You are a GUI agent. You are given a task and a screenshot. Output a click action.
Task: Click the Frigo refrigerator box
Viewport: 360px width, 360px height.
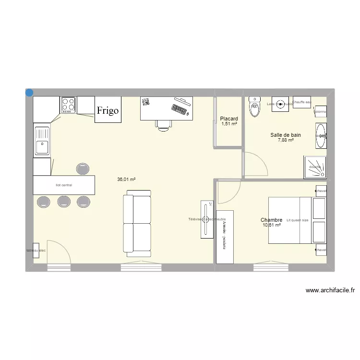point(108,110)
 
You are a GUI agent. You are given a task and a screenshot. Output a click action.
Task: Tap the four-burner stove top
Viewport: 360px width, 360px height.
point(68,105)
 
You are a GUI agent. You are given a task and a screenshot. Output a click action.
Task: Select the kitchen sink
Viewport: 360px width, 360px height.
point(42,140)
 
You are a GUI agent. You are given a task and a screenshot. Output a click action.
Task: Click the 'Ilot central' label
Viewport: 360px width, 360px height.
point(63,185)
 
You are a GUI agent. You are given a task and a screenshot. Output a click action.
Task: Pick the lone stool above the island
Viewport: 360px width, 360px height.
point(83,168)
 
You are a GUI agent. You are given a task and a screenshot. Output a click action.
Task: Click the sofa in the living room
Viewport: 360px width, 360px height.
point(138,221)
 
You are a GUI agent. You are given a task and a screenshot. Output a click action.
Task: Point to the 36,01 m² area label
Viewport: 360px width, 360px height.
point(126,180)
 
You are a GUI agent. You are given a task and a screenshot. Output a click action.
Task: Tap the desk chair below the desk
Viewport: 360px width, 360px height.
point(163,124)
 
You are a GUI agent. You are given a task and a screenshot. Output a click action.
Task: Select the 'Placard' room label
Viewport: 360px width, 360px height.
point(229,119)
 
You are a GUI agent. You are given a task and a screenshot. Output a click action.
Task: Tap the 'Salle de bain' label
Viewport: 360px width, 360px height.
point(286,135)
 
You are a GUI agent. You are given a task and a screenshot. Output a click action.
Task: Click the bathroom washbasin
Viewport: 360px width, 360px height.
point(321,136)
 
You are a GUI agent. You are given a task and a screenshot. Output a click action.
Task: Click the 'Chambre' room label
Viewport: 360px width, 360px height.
point(271,220)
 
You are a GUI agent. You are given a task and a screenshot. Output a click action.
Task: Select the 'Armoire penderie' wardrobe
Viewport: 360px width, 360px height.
point(225,237)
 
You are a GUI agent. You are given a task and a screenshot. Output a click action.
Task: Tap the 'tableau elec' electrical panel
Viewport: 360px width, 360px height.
point(36,250)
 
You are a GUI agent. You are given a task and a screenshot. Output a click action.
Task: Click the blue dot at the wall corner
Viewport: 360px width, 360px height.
point(29,93)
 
